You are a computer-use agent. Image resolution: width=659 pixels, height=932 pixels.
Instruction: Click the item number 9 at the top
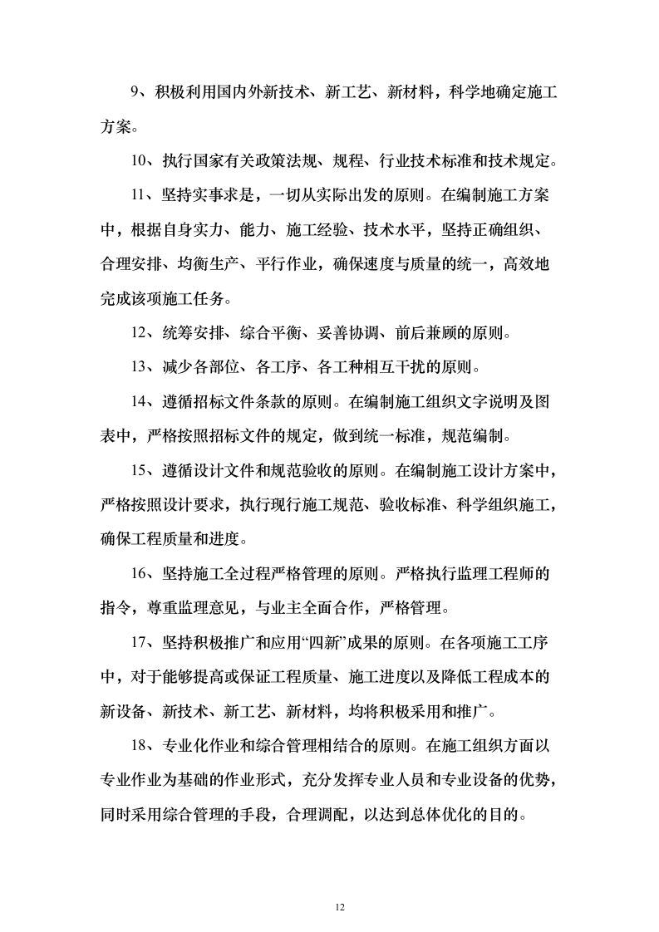(137, 94)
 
